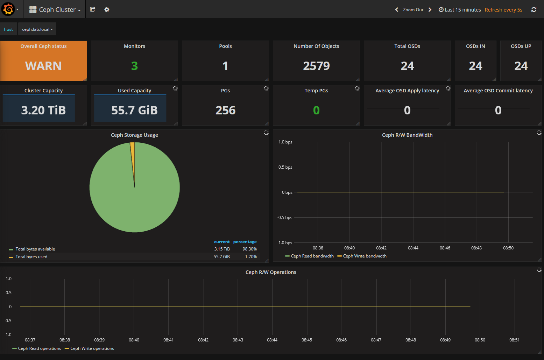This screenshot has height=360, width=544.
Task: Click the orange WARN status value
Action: point(43,66)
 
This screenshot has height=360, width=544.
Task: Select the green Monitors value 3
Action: point(135,66)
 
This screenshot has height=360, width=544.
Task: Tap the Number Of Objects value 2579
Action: point(316,66)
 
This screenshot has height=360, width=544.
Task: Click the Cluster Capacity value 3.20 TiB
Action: point(43,110)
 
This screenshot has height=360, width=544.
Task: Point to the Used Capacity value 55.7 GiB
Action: point(135,110)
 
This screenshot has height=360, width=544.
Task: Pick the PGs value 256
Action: point(225,110)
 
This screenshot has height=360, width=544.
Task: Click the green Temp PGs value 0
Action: point(316,110)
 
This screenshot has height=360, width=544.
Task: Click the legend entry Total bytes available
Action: point(35,249)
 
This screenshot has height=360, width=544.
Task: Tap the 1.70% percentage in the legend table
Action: point(250,257)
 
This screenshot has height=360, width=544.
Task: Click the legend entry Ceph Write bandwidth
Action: point(365,256)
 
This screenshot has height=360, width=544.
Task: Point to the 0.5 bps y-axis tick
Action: point(285,167)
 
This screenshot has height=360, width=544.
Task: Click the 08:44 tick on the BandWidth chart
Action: point(413,248)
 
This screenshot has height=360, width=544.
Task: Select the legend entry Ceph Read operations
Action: point(40,348)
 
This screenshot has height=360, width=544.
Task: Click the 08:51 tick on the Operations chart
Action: point(514,340)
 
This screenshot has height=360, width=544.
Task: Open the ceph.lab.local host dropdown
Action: point(37,29)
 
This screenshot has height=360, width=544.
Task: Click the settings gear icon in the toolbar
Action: point(107,9)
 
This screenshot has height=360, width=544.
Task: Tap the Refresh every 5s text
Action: point(503,10)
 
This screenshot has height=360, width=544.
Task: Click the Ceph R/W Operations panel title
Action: point(271,272)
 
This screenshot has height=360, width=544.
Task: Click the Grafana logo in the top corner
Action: point(8,9)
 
